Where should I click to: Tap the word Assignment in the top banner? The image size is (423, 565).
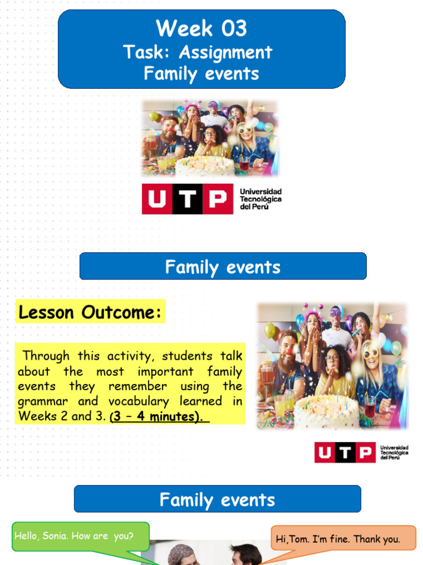pyautogui.click(x=225, y=52)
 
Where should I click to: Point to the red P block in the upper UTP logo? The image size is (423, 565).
pyautogui.click(x=217, y=199)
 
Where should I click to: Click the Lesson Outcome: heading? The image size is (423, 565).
pyautogui.click(x=90, y=312)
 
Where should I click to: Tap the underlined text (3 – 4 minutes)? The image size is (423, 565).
pyautogui.click(x=159, y=417)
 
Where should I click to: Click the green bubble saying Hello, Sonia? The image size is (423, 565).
pyautogui.click(x=74, y=536)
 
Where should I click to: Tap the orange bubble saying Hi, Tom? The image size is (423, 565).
pyautogui.click(x=344, y=539)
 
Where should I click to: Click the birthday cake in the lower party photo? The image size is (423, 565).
pyautogui.click(x=326, y=411)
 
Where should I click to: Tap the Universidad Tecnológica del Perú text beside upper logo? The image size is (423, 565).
pyautogui.click(x=261, y=199)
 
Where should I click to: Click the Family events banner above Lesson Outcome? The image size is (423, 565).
pyautogui.click(x=223, y=267)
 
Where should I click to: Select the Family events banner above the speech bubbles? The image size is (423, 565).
pyautogui.click(x=217, y=500)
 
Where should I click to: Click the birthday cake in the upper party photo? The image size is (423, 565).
pyautogui.click(x=204, y=166)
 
